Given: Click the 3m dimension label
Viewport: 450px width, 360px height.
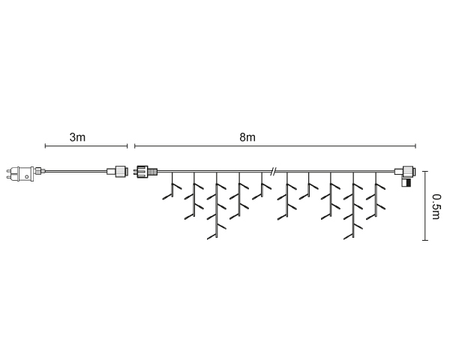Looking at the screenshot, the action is [x=77, y=137].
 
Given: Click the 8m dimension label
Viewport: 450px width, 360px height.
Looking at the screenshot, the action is [x=247, y=137].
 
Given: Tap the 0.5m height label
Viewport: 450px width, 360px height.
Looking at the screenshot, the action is [x=436, y=206].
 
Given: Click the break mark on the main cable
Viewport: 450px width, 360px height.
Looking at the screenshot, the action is [x=273, y=172].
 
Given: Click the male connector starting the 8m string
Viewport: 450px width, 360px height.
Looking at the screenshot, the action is [x=145, y=172].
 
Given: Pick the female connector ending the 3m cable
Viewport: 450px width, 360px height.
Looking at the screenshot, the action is [x=117, y=172].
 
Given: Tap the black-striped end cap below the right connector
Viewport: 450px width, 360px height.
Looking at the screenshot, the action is [x=406, y=183].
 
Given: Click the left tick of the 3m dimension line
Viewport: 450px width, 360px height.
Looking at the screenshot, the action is [x=45, y=146].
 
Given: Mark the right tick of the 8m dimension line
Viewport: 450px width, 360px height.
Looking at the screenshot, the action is [x=415, y=146].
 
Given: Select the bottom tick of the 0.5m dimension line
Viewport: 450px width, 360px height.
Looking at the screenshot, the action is [x=425, y=240].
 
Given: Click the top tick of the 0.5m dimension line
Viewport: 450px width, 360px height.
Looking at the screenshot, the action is [x=425, y=171].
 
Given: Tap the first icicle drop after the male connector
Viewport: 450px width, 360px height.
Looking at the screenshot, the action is [x=172, y=186].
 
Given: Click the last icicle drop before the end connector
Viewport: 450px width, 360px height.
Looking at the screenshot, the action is [x=376, y=196].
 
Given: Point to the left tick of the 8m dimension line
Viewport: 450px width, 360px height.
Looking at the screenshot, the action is [x=134, y=146].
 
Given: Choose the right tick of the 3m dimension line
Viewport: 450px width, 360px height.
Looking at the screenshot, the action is [x=127, y=146].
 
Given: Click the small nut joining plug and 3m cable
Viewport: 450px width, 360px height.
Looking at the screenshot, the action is [x=37, y=172].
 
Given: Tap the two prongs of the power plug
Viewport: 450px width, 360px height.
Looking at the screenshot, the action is [x=9, y=174].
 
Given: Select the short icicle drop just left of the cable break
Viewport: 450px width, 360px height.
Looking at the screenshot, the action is [x=262, y=186].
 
